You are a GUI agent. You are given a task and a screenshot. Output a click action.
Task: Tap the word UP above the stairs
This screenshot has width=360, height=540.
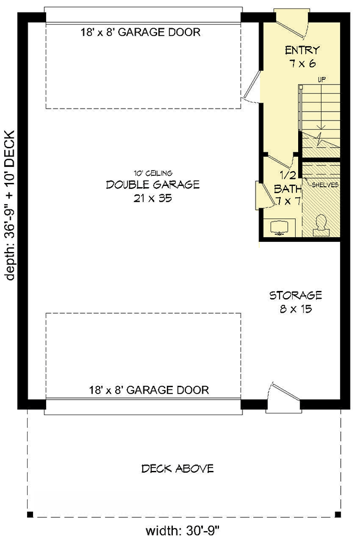point(322,80)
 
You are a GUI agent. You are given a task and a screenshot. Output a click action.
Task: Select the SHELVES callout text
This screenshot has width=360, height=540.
point(325,185)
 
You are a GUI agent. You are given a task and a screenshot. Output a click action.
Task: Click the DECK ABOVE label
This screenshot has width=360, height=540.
point(178,468)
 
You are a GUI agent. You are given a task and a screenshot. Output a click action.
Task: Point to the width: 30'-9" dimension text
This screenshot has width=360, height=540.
point(183,530)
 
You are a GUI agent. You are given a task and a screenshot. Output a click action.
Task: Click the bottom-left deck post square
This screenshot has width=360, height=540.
point(29,514)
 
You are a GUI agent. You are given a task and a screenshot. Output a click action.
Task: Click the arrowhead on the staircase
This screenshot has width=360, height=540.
point(322,127)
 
